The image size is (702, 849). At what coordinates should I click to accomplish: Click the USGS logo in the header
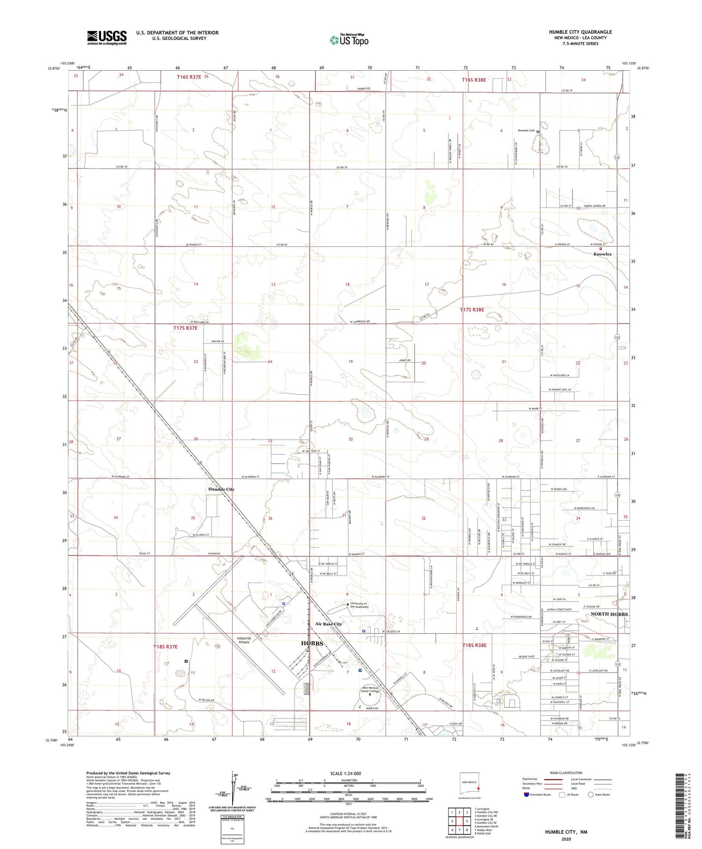(x=107, y=37)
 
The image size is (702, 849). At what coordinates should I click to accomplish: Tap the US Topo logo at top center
(x=349, y=40)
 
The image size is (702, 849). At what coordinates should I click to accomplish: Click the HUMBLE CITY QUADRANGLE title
(x=580, y=32)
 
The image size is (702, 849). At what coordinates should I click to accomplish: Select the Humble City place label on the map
(x=221, y=489)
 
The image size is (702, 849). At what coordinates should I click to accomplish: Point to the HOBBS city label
(x=312, y=643)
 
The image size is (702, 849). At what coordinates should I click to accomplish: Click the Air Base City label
(x=329, y=624)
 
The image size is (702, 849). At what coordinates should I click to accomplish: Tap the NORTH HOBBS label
(x=609, y=614)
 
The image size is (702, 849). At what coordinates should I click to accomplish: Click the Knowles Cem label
(x=526, y=131)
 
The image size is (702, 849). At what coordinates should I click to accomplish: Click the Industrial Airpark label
(x=244, y=640)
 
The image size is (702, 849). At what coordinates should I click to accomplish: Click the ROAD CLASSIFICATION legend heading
(x=566, y=773)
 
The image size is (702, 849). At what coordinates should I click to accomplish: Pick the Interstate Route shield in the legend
(x=527, y=795)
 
